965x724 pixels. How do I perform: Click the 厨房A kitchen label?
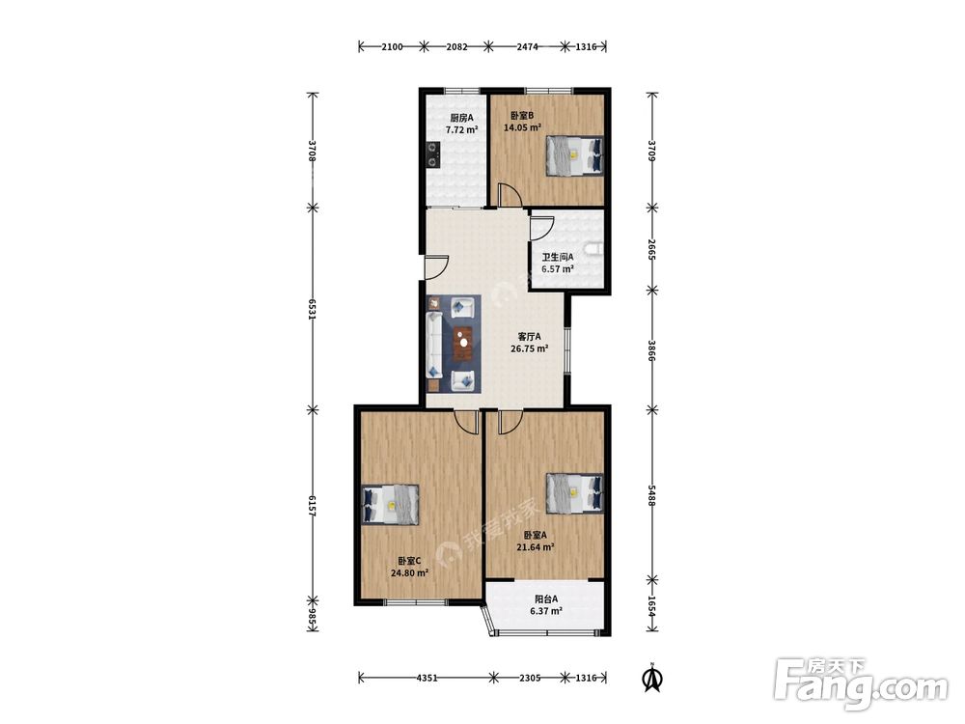461,118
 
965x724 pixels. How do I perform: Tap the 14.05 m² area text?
522,127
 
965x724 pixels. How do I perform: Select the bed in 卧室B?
574,155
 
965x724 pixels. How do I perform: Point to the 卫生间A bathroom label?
558,257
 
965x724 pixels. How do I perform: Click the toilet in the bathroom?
594,249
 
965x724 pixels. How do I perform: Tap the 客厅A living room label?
529,336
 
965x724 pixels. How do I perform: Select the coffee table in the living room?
463,344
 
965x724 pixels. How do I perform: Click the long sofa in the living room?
434,345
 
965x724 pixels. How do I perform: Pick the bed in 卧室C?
391,505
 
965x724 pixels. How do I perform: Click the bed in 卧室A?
574,493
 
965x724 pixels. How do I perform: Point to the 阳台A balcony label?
546,599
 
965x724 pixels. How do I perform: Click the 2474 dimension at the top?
527,46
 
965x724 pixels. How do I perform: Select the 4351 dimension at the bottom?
427,678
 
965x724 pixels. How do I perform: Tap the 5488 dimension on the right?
652,494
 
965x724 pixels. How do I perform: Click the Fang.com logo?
862,684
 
